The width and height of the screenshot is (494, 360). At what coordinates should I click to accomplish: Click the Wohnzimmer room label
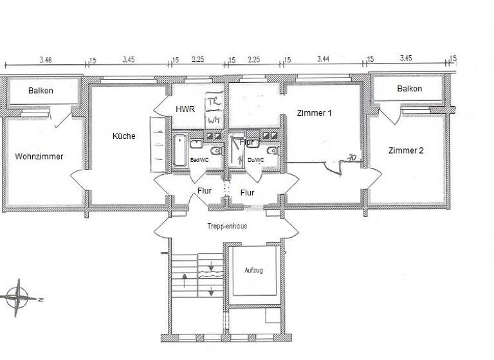tap(39, 156)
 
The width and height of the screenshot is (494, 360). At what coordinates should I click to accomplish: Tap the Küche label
tap(123, 136)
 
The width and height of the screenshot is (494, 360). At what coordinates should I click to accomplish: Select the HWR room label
tap(185, 109)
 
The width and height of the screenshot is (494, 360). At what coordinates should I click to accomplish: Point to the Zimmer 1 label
tap(314, 113)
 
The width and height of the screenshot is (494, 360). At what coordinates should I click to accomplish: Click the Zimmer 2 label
tap(406, 150)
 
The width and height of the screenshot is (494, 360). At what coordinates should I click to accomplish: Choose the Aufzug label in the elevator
tap(253, 271)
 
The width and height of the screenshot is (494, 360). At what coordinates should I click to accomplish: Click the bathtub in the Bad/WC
tap(179, 150)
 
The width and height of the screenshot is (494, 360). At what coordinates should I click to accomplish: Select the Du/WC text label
tap(255, 160)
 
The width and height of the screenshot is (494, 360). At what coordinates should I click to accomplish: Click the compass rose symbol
tap(19, 298)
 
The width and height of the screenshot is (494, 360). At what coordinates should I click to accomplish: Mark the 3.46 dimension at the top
tap(45, 60)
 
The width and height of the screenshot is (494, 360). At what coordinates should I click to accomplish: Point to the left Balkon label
tap(41, 91)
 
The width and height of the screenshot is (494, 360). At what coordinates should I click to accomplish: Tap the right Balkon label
tap(409, 89)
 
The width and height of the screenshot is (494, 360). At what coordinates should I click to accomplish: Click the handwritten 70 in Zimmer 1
tap(352, 156)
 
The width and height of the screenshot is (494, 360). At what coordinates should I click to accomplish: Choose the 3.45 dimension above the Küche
tap(128, 60)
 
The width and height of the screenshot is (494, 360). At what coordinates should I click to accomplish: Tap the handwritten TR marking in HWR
tap(214, 103)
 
